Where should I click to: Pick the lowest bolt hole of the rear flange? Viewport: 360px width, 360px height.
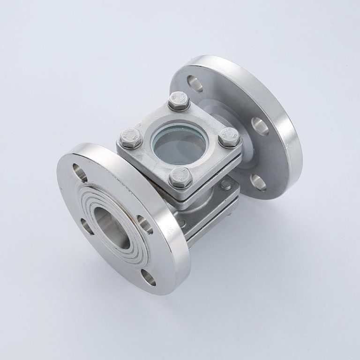coord(259,182)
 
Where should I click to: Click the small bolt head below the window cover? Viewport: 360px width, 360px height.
coord(226,185)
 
